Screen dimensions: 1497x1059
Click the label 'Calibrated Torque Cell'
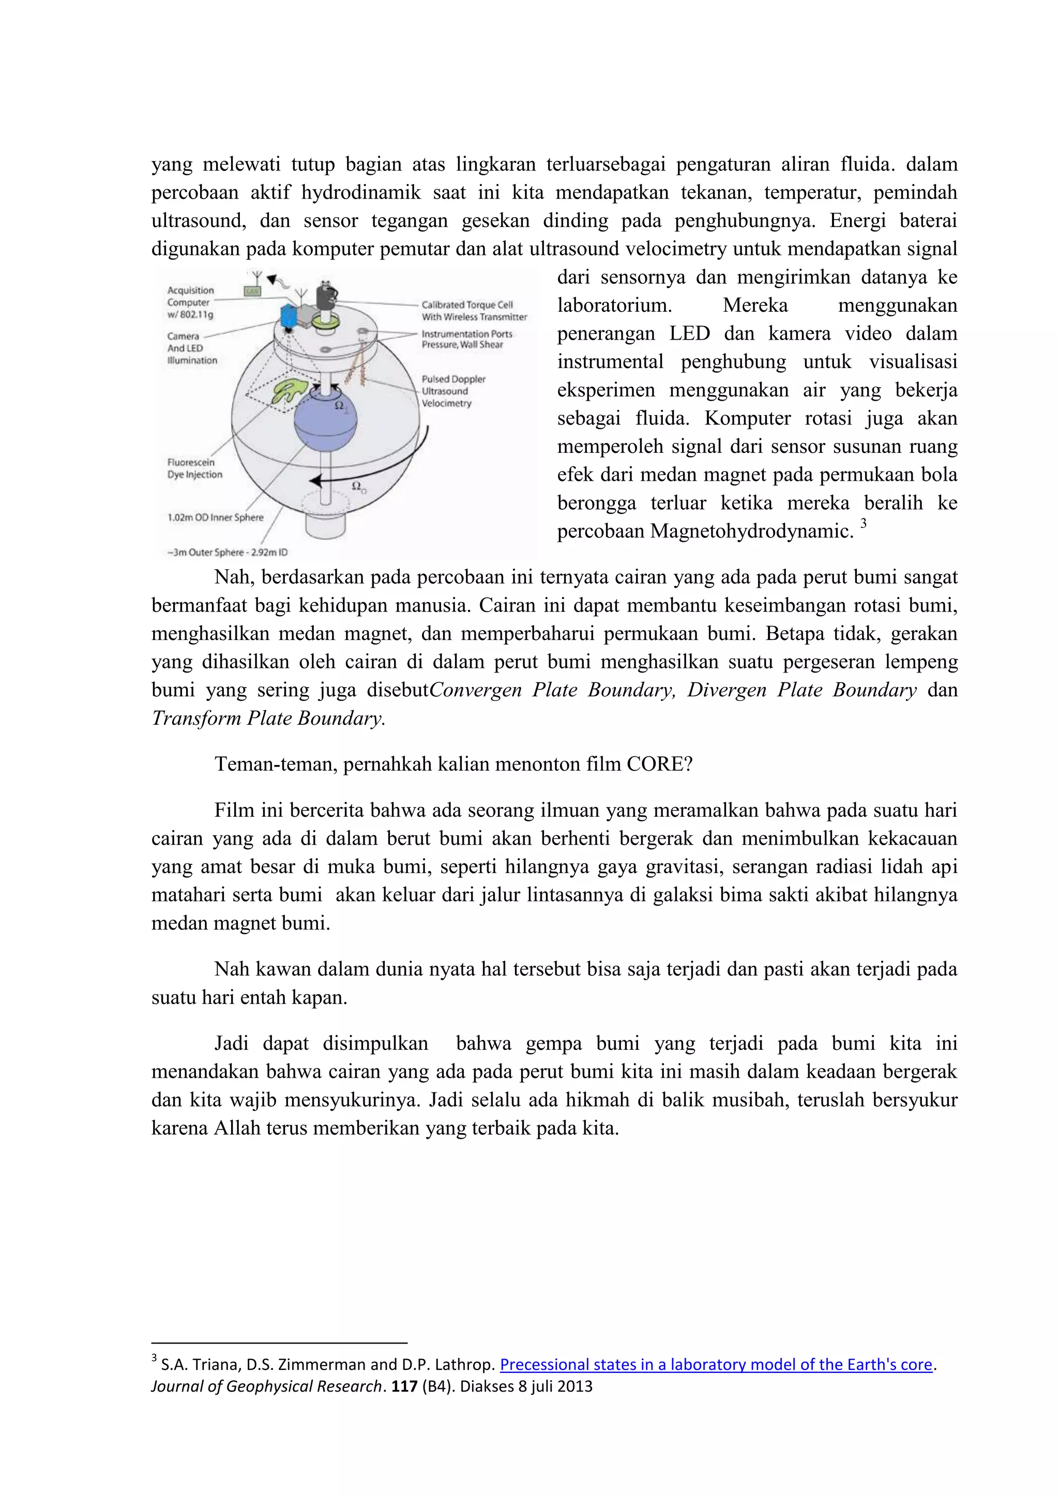467,304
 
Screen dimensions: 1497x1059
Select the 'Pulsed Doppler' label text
453,379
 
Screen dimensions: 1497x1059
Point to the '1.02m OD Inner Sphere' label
215,517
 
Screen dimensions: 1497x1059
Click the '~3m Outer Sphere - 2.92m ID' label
227,552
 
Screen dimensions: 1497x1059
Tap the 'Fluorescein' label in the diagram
190,462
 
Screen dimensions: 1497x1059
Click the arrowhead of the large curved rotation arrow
315,481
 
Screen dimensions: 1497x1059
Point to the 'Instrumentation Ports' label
467,334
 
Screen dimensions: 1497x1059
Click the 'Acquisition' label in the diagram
190,290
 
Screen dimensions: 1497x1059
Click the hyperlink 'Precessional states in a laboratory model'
715,1365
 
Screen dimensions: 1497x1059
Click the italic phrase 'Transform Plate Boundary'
268,718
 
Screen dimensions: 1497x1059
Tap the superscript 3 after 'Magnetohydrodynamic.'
864,523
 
